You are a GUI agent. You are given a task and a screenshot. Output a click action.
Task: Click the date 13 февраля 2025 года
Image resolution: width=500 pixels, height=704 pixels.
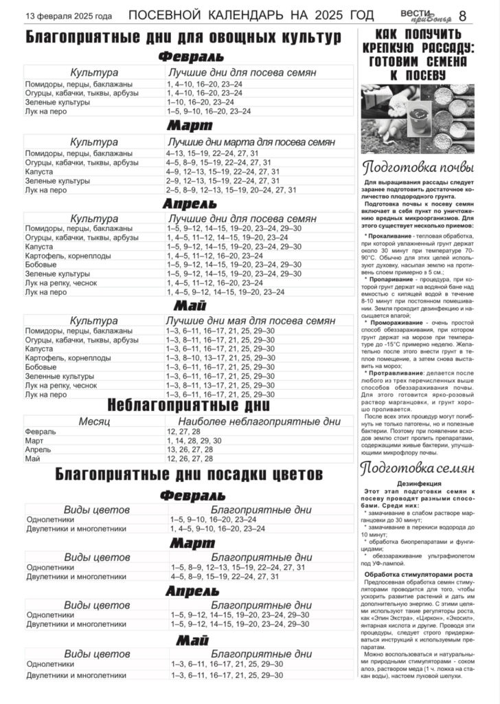tap(69, 16)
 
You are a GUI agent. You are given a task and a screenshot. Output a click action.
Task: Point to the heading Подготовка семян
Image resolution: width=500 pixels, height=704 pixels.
tap(418, 468)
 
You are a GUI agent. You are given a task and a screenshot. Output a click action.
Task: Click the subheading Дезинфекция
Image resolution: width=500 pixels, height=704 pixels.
tap(418, 483)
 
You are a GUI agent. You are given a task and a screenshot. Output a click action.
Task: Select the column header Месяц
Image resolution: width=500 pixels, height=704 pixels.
tap(93, 421)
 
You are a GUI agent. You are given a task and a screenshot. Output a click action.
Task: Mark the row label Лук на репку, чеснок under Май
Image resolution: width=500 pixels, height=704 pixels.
tap(61, 386)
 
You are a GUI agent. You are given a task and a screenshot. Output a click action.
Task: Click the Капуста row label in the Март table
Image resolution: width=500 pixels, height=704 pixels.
tap(39, 171)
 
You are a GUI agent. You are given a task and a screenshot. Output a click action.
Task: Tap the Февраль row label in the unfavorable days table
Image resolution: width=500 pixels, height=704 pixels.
tap(41, 431)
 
